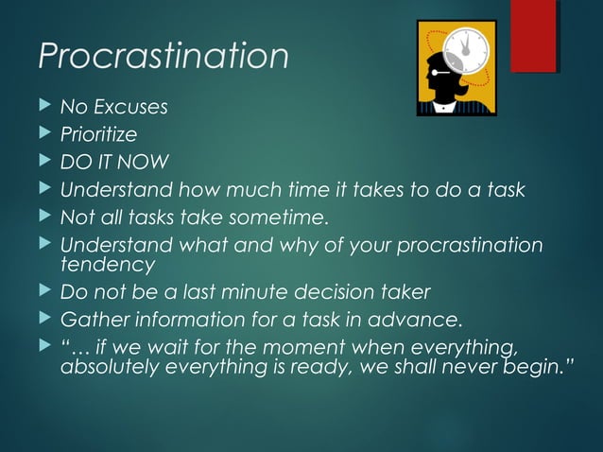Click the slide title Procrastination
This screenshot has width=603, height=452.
click(163, 57)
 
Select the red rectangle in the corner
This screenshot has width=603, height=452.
click(533, 36)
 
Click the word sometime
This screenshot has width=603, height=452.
click(284, 219)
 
